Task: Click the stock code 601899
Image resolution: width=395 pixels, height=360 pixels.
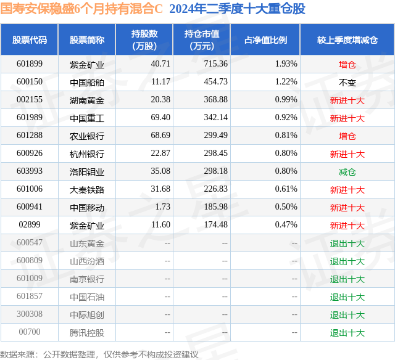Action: pos(30,64)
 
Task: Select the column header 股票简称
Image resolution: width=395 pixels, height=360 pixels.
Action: pos(87,40)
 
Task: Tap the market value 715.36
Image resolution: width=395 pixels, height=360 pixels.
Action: pos(215,64)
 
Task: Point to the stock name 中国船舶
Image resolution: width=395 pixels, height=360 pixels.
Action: pos(87,83)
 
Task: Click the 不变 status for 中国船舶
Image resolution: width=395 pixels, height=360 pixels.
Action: pos(347,83)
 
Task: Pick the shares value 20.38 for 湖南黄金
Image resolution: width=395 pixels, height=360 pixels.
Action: pos(160,100)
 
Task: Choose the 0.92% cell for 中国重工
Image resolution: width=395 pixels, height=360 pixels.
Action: pos(286,118)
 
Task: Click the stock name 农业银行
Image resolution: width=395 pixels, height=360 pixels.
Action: pos(87,136)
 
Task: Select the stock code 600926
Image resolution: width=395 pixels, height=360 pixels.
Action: pos(30,153)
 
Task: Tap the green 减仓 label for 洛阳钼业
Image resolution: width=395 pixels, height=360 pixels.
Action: pos(347,172)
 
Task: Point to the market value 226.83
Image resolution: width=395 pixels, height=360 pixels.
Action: pos(215,189)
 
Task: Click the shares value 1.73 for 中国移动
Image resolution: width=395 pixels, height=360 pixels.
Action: pos(162,207)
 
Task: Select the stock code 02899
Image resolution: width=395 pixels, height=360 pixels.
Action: pos(30,224)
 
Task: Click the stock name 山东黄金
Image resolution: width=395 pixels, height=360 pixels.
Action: pos(87,243)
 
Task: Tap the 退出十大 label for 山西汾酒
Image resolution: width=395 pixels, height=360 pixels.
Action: pos(347,261)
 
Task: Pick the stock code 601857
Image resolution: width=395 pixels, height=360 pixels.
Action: pos(30,296)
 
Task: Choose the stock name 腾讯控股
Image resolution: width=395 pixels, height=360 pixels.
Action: pos(87,333)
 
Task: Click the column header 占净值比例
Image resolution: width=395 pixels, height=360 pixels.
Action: pos(265,40)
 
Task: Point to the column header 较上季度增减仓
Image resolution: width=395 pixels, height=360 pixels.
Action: pos(347,40)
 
